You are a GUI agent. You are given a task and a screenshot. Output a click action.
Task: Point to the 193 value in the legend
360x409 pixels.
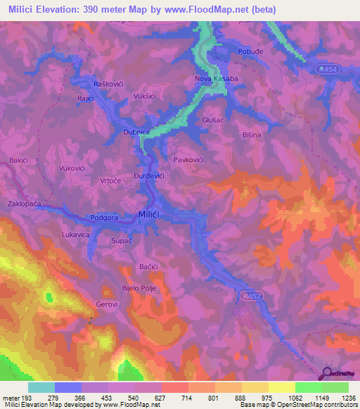28,397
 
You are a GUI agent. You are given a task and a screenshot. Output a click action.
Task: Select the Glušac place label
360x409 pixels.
213,120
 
